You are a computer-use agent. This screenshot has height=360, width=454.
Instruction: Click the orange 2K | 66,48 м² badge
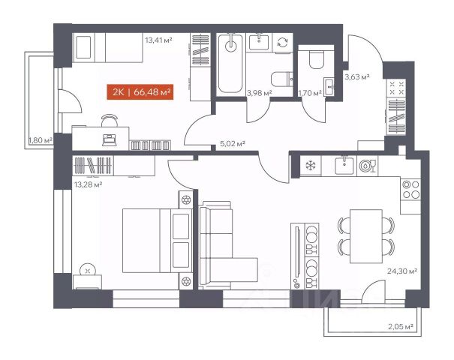(140, 91)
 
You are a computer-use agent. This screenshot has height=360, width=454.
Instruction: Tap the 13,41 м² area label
(158, 40)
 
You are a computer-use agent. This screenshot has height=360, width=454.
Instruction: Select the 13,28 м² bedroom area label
(88, 184)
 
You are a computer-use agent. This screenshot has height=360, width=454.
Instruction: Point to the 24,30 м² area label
(402, 271)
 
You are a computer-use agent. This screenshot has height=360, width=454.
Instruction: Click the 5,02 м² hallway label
(233, 143)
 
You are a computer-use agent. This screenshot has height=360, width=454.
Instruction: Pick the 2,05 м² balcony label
(401, 327)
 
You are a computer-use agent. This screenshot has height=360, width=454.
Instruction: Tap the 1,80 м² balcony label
(41, 140)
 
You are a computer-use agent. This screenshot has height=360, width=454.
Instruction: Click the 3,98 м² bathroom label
(259, 93)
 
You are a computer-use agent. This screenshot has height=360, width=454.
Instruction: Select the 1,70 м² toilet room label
(310, 93)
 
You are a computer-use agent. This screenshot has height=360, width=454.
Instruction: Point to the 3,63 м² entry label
(356, 77)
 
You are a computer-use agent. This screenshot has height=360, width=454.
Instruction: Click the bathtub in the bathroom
(230, 64)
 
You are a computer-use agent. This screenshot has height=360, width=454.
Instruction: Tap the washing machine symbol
(283, 42)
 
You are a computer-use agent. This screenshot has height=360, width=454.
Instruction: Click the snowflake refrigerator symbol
(311, 166)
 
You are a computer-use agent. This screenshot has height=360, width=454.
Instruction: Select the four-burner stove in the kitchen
(411, 190)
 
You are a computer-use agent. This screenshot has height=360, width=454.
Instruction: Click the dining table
(366, 236)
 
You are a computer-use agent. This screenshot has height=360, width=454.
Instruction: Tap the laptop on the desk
(110, 140)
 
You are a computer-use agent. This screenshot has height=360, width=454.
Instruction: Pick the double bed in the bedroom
(158, 241)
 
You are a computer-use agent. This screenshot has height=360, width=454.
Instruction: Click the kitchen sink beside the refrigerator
(344, 166)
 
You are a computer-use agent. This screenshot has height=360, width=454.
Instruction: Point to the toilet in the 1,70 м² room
(316, 59)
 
